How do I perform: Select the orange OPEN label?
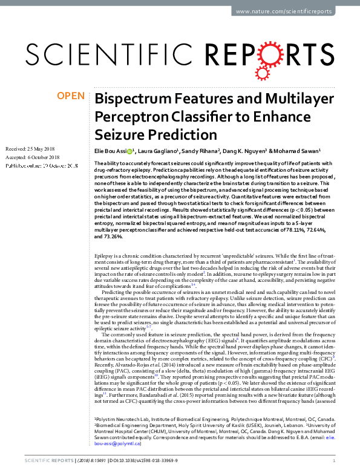point(71,96)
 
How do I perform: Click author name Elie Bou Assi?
point(113,151)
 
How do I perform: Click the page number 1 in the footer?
point(342,460)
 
